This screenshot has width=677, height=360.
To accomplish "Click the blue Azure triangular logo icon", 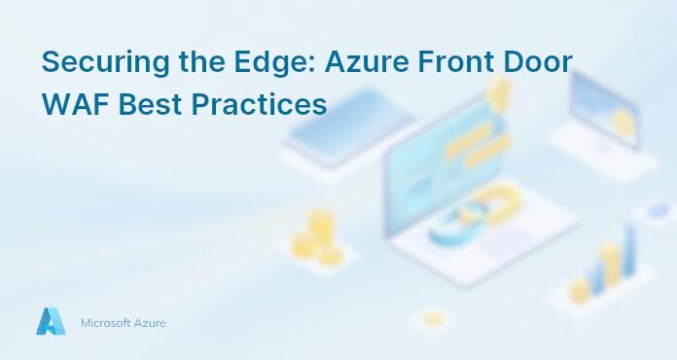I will pyautogui.click(x=51, y=321).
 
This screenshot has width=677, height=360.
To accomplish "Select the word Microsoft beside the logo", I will pyautogui.click(x=110, y=322).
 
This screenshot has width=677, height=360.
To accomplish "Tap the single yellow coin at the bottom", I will pyautogui.click(x=433, y=319).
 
